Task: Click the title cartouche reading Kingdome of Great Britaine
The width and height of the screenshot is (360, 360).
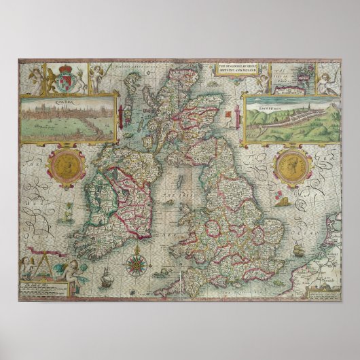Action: (240, 69)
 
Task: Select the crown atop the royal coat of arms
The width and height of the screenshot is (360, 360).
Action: (65, 69)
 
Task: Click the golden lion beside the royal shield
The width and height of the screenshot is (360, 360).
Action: (51, 80)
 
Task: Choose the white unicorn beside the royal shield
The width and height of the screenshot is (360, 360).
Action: (79, 80)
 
